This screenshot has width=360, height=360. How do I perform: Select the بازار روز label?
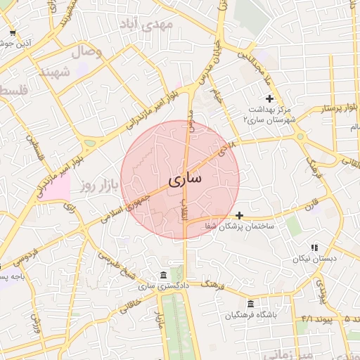click(x=97, y=186)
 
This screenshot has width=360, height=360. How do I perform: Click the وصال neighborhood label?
click(x=87, y=52)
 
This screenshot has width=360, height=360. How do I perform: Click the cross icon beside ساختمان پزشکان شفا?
click(x=240, y=214)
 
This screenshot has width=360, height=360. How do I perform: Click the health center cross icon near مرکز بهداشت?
click(x=269, y=98)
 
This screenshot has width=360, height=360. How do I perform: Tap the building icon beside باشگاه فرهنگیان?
click(x=251, y=304)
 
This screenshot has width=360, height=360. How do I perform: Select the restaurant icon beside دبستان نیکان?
click(x=314, y=247)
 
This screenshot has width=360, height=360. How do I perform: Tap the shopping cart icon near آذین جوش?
click(x=13, y=32)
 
